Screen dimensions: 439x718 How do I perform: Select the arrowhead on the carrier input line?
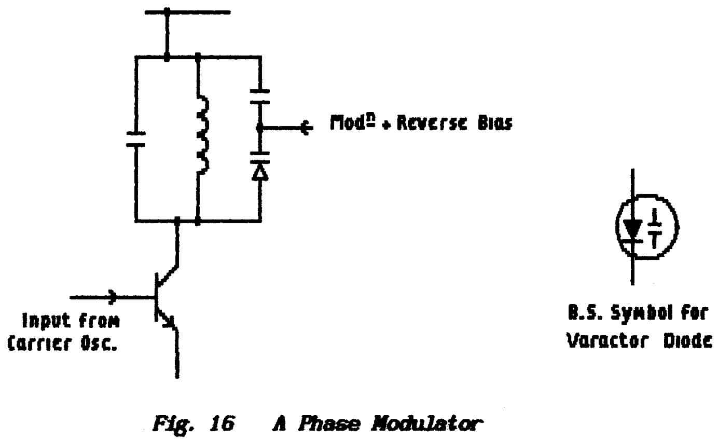111,297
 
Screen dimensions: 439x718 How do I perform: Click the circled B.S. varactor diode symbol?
646,227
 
